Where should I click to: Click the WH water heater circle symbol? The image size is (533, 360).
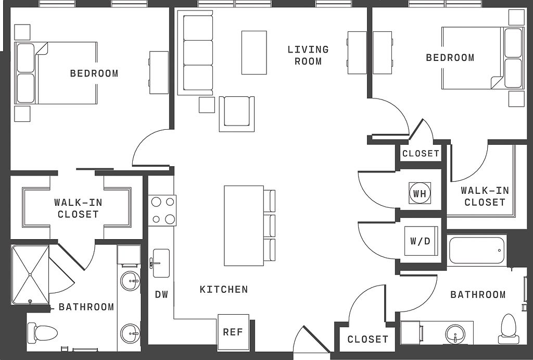(x=420, y=193)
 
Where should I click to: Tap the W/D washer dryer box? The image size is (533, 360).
(x=421, y=241)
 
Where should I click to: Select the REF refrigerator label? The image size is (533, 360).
(x=233, y=332)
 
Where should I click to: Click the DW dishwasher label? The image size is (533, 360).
(x=161, y=294)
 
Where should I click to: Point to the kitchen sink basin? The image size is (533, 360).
(x=161, y=263)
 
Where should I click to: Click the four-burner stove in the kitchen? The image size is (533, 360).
(x=162, y=210)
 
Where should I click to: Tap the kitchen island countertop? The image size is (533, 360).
(x=244, y=226)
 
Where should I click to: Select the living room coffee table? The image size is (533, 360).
(x=254, y=53)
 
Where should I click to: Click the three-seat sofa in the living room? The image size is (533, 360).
(x=196, y=53)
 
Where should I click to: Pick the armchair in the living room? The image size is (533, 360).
(x=237, y=114)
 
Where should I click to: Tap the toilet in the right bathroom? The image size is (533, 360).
(x=509, y=328)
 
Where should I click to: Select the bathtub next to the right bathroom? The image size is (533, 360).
(x=477, y=250)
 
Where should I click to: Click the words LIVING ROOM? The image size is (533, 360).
(x=308, y=55)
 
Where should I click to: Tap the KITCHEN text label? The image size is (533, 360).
(x=224, y=289)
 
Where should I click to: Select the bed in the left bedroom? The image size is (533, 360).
(x=56, y=73)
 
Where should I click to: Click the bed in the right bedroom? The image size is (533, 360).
(x=483, y=58)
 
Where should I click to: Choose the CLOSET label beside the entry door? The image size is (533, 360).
(x=368, y=339)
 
